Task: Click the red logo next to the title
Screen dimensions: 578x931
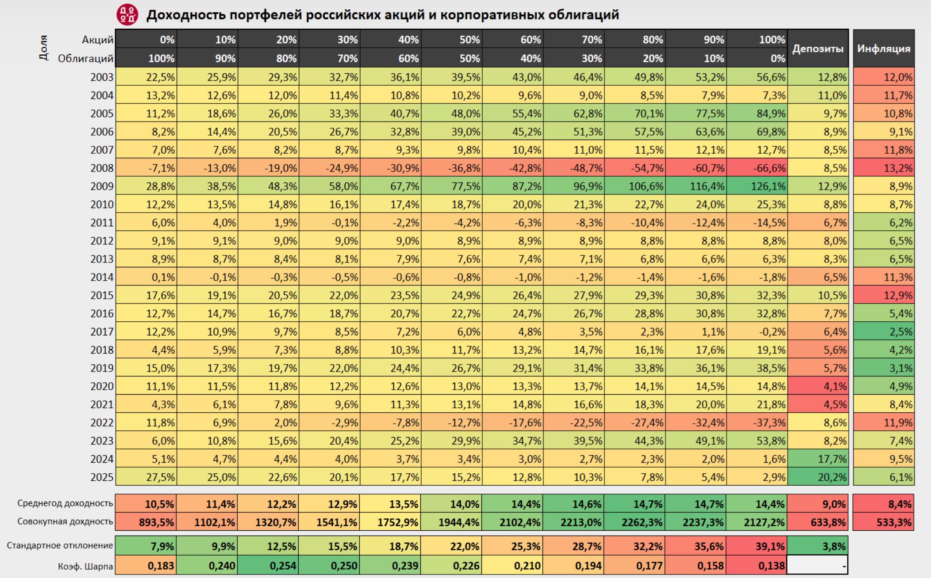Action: [127, 15]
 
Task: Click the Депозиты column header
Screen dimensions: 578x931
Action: [817, 49]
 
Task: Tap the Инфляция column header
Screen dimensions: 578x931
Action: [883, 49]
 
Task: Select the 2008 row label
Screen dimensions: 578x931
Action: [102, 168]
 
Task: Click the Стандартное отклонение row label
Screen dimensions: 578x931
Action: [60, 546]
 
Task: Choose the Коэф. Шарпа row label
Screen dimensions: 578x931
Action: [85, 566]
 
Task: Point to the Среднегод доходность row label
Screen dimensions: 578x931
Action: [65, 503]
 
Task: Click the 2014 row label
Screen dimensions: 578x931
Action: [102, 278]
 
